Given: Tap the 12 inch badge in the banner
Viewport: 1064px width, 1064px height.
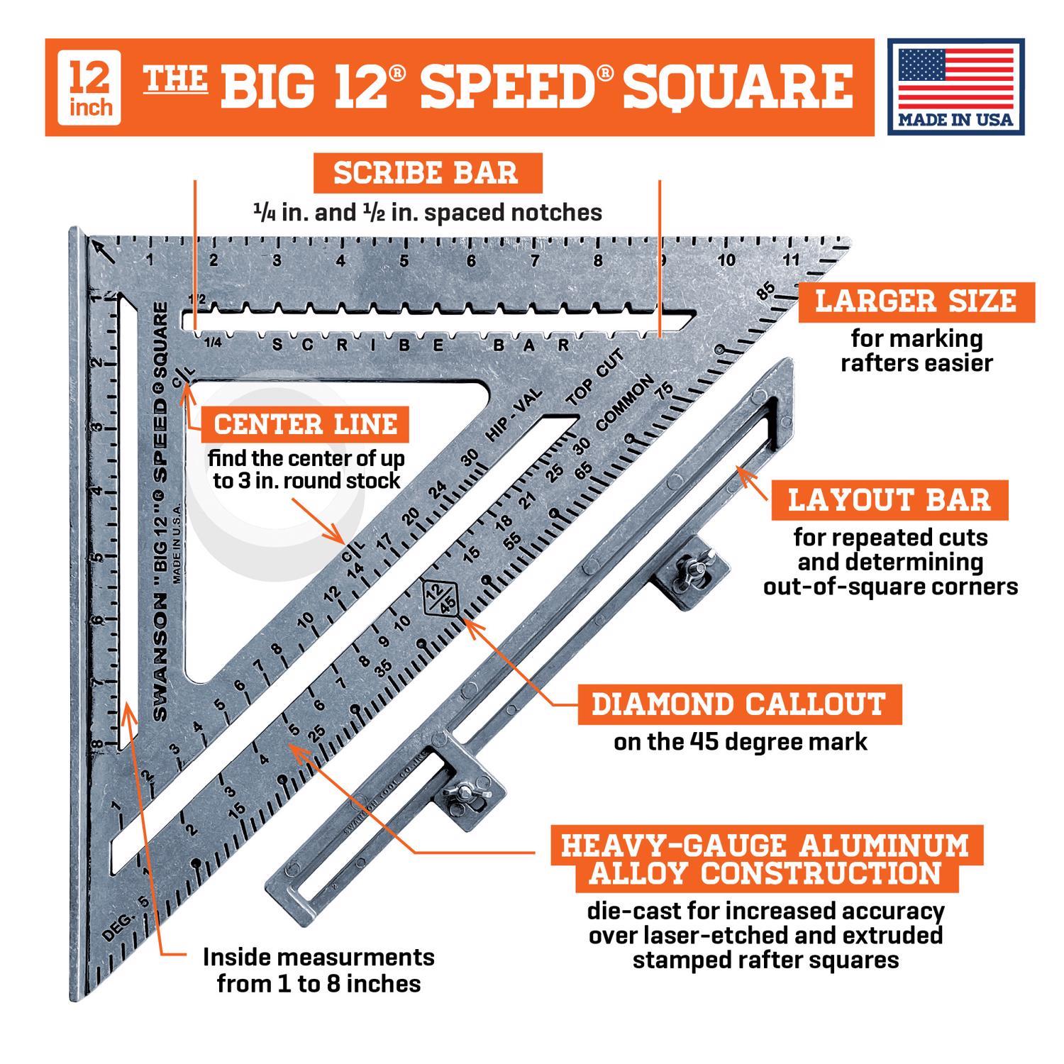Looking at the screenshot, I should tap(91, 86).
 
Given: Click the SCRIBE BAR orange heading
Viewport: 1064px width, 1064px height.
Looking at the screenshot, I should tap(426, 173).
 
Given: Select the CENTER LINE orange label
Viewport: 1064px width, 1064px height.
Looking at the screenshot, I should tap(306, 424).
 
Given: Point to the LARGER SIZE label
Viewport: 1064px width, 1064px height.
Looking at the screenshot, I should tap(916, 301).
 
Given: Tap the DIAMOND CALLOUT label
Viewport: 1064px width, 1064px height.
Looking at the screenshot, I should tap(739, 704).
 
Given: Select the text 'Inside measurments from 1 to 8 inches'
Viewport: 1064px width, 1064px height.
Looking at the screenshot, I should tap(318, 970).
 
